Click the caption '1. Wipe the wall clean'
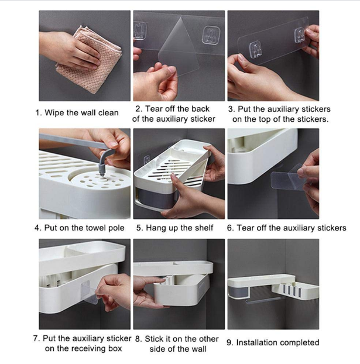point(77,113)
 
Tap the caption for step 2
point(173,114)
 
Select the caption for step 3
point(280,114)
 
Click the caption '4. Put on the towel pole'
point(80,228)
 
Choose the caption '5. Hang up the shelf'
point(175,228)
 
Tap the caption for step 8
point(177,344)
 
